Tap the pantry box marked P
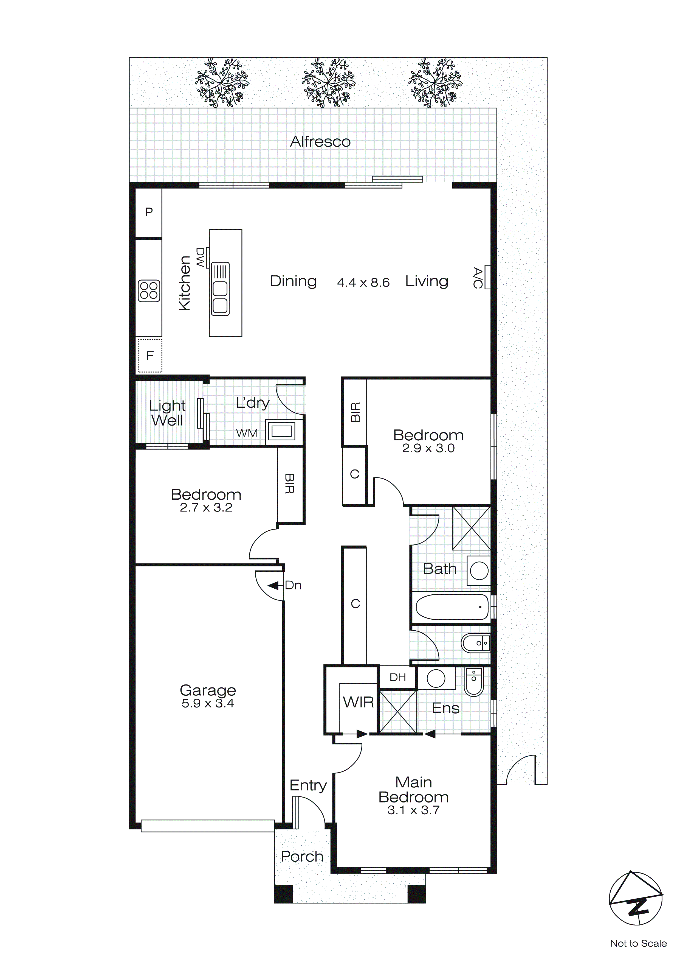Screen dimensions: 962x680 (149, 212)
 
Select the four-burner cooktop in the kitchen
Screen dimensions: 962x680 (149, 290)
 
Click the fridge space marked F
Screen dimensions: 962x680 (150, 356)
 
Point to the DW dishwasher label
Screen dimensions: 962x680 (201, 258)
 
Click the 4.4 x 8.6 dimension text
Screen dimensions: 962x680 (363, 283)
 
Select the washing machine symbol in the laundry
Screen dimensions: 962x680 (281, 431)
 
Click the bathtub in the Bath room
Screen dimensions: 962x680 (452, 607)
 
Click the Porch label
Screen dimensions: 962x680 (302, 856)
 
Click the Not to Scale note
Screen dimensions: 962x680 (638, 943)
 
